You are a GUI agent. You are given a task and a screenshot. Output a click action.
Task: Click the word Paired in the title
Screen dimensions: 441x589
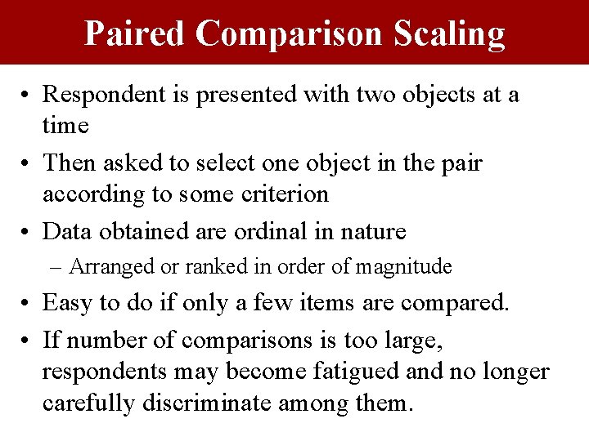[134, 33]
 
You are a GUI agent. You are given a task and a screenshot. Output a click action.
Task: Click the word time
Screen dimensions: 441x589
[65, 125]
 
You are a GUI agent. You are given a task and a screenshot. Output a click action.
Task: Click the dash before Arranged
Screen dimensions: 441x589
[57, 267]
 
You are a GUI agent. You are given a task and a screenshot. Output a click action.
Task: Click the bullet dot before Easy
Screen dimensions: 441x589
[28, 304]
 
